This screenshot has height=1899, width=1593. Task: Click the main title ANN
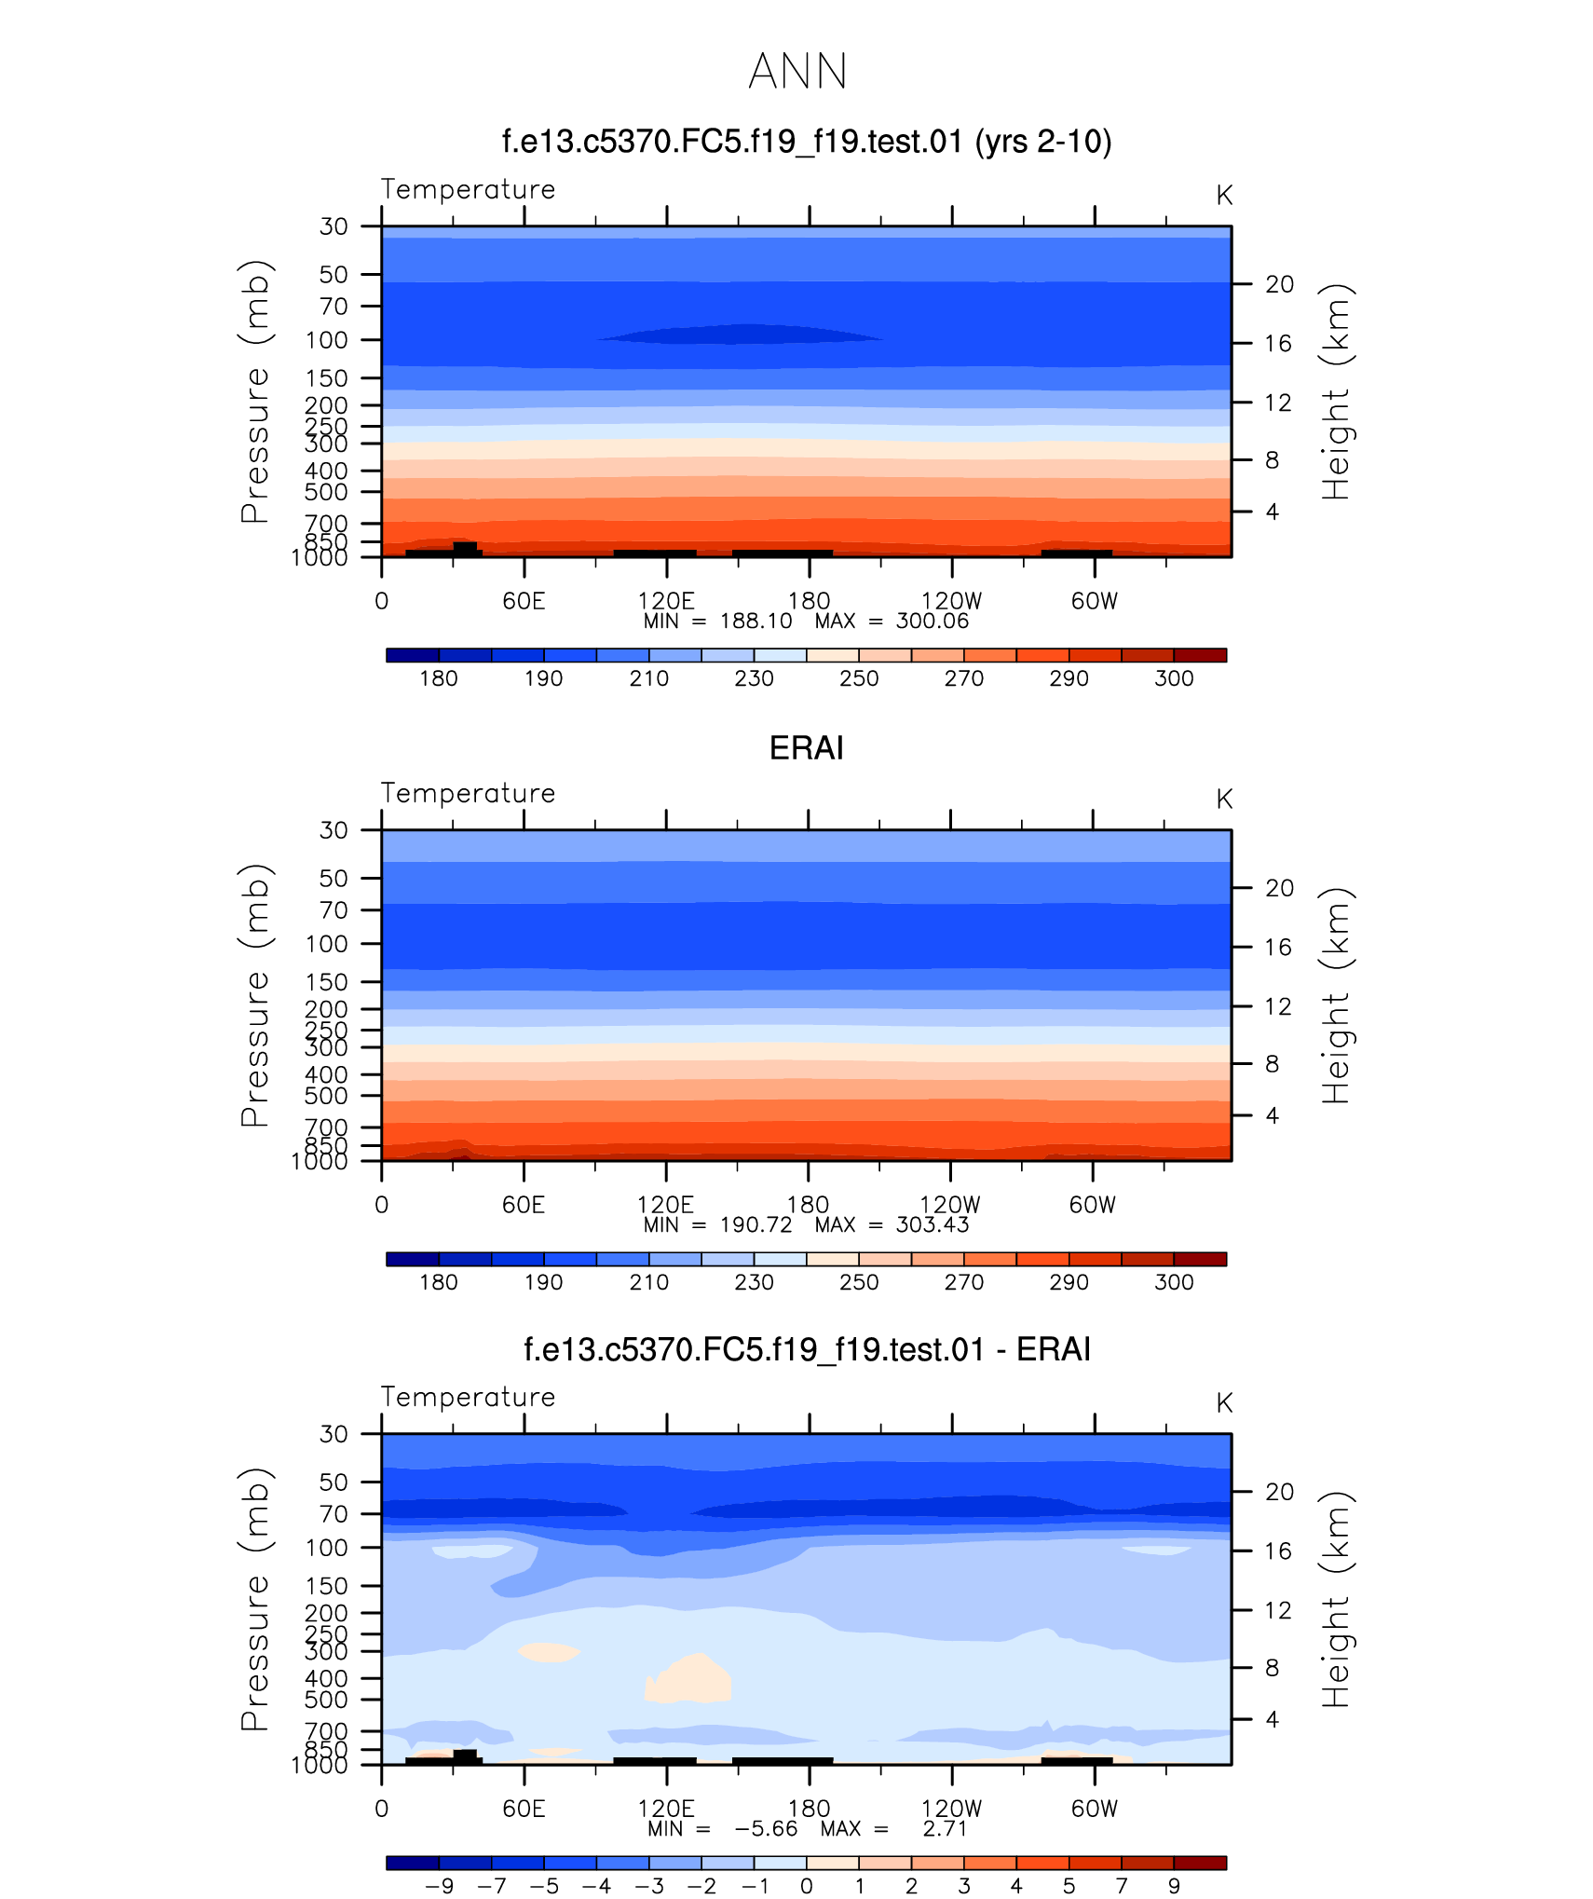click(797, 72)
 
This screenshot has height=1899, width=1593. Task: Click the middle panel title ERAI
click(806, 748)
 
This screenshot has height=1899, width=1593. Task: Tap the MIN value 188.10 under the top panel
click(756, 622)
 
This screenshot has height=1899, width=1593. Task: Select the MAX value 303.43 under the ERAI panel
click(932, 1225)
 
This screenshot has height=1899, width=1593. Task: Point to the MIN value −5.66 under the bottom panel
click(766, 1829)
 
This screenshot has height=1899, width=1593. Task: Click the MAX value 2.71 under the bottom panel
click(945, 1829)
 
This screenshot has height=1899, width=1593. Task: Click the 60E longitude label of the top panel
click(524, 601)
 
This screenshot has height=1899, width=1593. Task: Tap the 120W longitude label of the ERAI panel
click(950, 1205)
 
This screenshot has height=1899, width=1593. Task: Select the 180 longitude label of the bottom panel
click(809, 1809)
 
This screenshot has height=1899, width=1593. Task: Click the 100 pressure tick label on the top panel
click(326, 340)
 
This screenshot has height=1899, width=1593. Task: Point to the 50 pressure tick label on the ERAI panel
click(334, 878)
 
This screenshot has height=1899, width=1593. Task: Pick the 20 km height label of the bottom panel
click(1279, 1492)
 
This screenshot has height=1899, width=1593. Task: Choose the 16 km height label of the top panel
click(1279, 344)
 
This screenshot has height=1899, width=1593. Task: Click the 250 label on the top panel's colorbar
click(859, 678)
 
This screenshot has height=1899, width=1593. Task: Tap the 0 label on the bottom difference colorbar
click(807, 1886)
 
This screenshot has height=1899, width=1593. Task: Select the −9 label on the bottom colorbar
click(439, 1886)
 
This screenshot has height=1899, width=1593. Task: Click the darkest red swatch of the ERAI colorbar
click(1200, 1259)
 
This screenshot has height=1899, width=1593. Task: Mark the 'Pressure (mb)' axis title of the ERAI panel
click(254, 995)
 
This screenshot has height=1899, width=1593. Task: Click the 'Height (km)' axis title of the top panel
click(1335, 391)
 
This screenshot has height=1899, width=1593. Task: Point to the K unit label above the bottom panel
click(1224, 1403)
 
